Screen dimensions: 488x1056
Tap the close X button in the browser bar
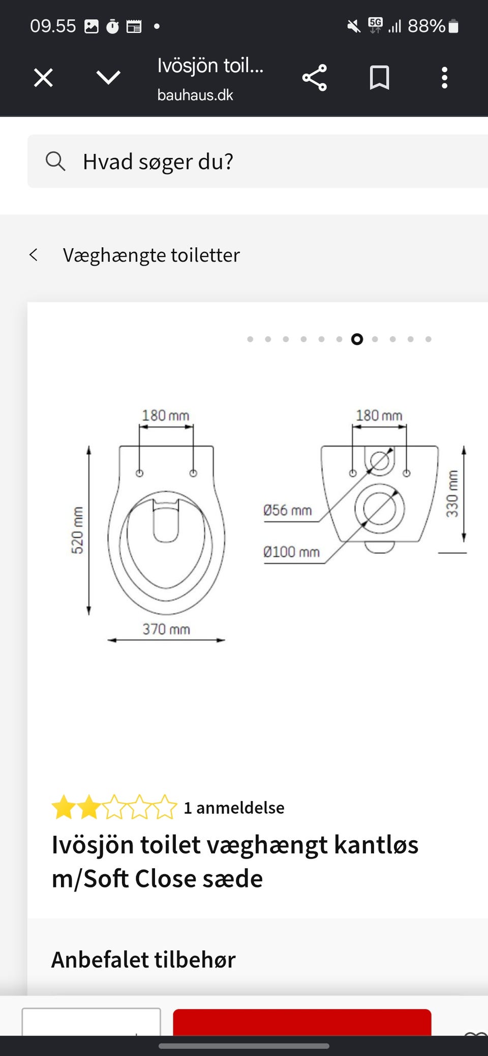click(x=43, y=78)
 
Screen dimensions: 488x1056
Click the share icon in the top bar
click(x=315, y=78)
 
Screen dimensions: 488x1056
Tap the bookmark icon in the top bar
click(x=379, y=78)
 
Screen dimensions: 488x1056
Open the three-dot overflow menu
click(x=444, y=78)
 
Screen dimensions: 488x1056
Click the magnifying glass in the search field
click(x=55, y=161)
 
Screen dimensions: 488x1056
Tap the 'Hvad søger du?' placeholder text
click(x=158, y=162)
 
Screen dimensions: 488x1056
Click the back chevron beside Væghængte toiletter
click(x=34, y=255)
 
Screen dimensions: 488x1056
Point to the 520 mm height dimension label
click(x=77, y=530)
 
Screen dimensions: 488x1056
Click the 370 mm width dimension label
click(x=166, y=630)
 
